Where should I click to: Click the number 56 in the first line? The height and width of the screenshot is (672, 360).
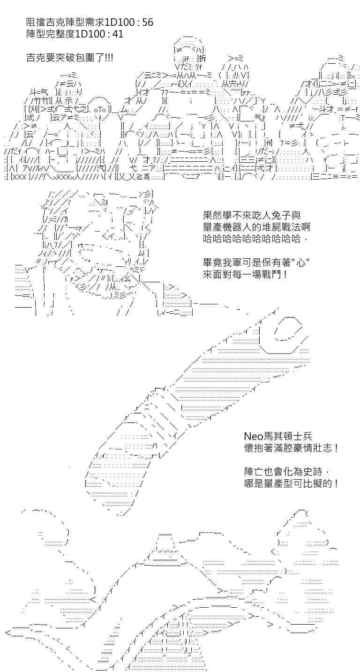click(147, 23)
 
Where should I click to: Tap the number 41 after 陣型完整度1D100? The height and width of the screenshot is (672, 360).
click(117, 34)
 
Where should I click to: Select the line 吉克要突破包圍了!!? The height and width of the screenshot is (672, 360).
click(70, 57)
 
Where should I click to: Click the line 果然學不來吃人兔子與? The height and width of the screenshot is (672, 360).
click(252, 215)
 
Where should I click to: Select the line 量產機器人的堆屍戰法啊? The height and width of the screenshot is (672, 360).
click(256, 227)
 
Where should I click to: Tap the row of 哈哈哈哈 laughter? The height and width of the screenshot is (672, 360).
click(255, 239)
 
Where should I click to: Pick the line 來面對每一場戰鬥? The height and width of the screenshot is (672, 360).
click(245, 274)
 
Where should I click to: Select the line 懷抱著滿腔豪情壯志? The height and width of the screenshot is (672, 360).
click(292, 448)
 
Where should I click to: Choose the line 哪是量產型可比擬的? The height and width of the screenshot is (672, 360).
click(292, 483)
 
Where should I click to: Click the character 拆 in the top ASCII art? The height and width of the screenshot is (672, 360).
click(202, 58)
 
